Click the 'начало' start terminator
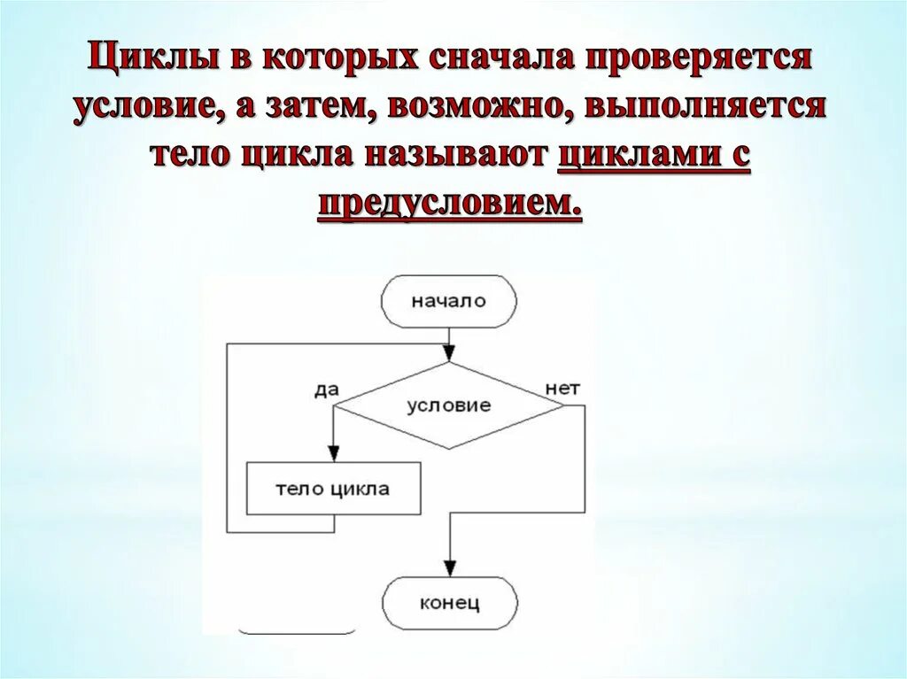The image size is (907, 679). click(x=448, y=301)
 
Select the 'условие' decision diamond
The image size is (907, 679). click(x=448, y=406)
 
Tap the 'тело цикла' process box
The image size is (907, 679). click(x=332, y=489)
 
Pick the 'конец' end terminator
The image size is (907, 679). click(x=449, y=605)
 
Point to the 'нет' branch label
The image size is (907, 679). click(x=562, y=389)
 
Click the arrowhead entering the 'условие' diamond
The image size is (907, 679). click(x=449, y=354)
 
